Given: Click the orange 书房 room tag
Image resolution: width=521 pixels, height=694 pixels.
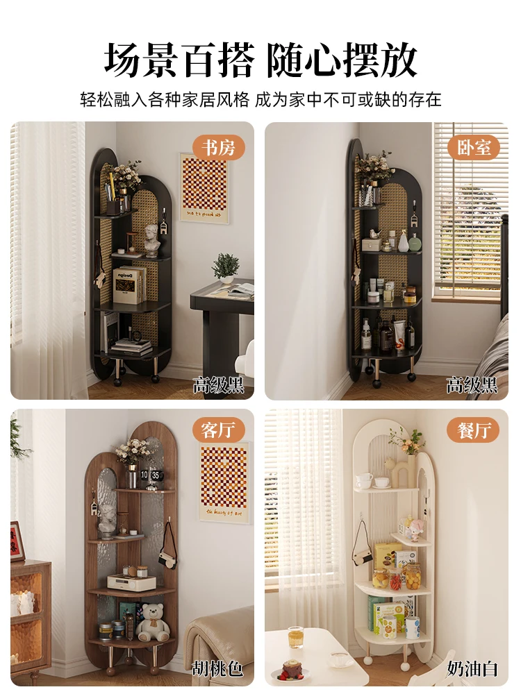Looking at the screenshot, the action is [x=218, y=148].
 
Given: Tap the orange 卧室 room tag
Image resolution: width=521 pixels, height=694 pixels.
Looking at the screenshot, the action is [x=473, y=148].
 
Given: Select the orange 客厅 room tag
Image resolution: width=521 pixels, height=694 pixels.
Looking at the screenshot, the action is [x=218, y=430].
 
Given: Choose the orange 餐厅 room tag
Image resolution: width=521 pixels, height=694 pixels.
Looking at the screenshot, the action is [x=473, y=430].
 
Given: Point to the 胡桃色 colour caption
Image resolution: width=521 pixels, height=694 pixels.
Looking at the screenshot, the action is [x=217, y=668].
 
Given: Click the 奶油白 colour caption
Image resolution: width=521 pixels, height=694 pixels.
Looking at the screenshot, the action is [x=472, y=668].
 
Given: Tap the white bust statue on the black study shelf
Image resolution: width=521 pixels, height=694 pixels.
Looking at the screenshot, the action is [x=152, y=240].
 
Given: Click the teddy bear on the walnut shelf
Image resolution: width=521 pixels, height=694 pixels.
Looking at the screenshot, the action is [x=152, y=623].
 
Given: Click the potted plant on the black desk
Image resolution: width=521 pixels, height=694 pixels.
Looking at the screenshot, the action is [x=226, y=268].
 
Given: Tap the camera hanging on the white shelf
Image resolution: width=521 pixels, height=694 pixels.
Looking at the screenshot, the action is [x=363, y=549].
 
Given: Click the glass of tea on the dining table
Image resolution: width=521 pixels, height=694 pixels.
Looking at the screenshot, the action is [x=295, y=637].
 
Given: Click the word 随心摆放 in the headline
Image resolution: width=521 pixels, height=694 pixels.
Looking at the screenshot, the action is [x=342, y=60].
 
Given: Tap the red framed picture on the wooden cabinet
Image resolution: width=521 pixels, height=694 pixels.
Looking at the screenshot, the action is [x=17, y=541].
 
